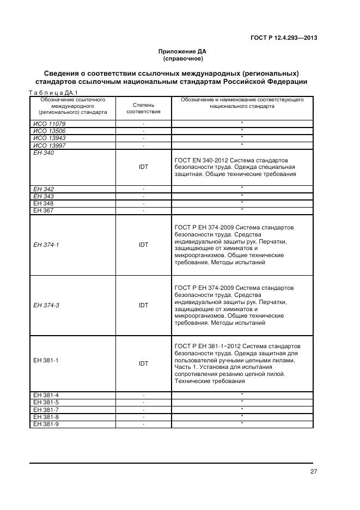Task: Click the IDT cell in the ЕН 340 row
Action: [x=143, y=167]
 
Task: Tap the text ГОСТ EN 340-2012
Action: [x=200, y=160]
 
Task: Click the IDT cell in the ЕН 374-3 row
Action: [x=143, y=305]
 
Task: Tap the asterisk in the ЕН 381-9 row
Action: [x=242, y=423]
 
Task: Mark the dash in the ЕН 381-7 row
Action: [x=143, y=409]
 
